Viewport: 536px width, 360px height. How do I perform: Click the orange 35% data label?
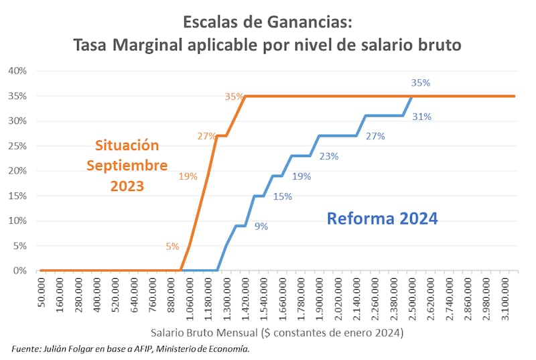tap(234, 97)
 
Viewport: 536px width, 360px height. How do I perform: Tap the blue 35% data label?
tap(421, 83)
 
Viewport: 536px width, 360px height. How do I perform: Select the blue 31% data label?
tap(422, 117)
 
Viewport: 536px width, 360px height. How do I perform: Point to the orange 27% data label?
tap(206, 136)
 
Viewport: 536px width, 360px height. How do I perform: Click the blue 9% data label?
tap(261, 227)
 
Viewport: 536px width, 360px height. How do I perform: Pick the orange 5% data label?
tap(172, 246)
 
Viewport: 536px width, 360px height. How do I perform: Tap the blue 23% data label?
tap(329, 156)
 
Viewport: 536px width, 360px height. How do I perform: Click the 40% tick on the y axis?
tap(17, 71)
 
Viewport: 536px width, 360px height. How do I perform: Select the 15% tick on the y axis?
tap(17, 196)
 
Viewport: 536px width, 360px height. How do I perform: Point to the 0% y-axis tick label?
tap(19, 271)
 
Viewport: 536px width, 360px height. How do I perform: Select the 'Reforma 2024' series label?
tap(383, 218)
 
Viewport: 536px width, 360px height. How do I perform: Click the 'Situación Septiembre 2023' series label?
tap(127, 166)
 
